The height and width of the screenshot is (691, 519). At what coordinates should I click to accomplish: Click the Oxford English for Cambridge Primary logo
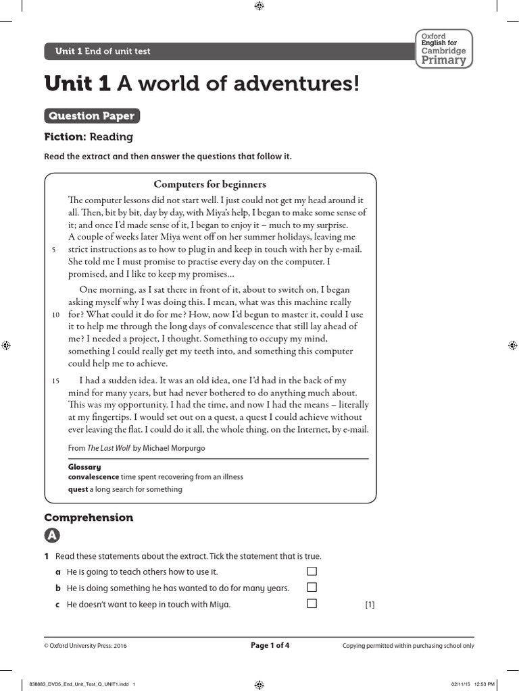click(x=443, y=49)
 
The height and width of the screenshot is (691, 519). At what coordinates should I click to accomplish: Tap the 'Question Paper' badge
click(x=92, y=116)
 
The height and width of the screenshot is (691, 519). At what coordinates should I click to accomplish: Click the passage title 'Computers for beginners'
click(x=209, y=184)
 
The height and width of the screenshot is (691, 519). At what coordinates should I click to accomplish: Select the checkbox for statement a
click(x=312, y=572)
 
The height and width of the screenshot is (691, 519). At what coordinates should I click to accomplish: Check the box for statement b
click(x=312, y=588)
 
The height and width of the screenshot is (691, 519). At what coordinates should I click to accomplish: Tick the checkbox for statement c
click(x=312, y=604)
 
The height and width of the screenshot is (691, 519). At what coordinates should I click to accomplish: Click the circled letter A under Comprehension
click(x=52, y=536)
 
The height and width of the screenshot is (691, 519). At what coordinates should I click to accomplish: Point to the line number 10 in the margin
click(x=55, y=315)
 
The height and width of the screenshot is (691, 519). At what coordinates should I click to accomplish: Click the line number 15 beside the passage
click(x=55, y=381)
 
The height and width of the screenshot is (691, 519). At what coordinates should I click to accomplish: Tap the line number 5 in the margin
click(x=53, y=250)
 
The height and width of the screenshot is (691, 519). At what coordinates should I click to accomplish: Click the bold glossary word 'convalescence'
click(x=93, y=477)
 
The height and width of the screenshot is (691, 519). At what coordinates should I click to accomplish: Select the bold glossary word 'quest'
click(x=78, y=489)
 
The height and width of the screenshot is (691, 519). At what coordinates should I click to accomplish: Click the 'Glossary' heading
click(x=84, y=467)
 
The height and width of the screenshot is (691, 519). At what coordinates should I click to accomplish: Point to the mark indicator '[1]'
click(x=370, y=605)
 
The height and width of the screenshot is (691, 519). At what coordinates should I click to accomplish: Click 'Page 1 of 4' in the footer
click(x=270, y=645)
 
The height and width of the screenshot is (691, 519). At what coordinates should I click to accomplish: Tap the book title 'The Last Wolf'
click(x=109, y=448)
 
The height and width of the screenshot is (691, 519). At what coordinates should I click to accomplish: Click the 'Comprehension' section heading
click(x=89, y=518)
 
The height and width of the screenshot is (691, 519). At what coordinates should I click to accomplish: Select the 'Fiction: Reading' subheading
click(x=89, y=137)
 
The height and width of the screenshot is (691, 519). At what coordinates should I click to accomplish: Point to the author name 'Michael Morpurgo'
click(x=173, y=448)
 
